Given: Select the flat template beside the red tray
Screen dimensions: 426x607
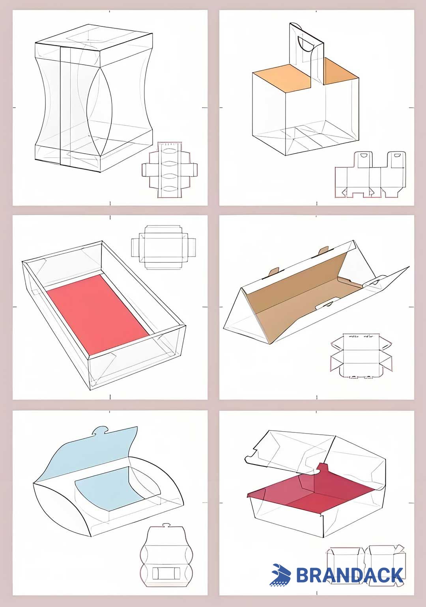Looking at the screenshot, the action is [164, 247].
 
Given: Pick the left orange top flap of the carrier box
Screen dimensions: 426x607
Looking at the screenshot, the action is [282, 78].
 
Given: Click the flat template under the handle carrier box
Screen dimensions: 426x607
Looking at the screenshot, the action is [370, 174].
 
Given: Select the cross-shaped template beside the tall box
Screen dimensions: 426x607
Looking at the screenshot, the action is [170, 169].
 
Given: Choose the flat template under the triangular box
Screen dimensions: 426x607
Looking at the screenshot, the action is [361, 356].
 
